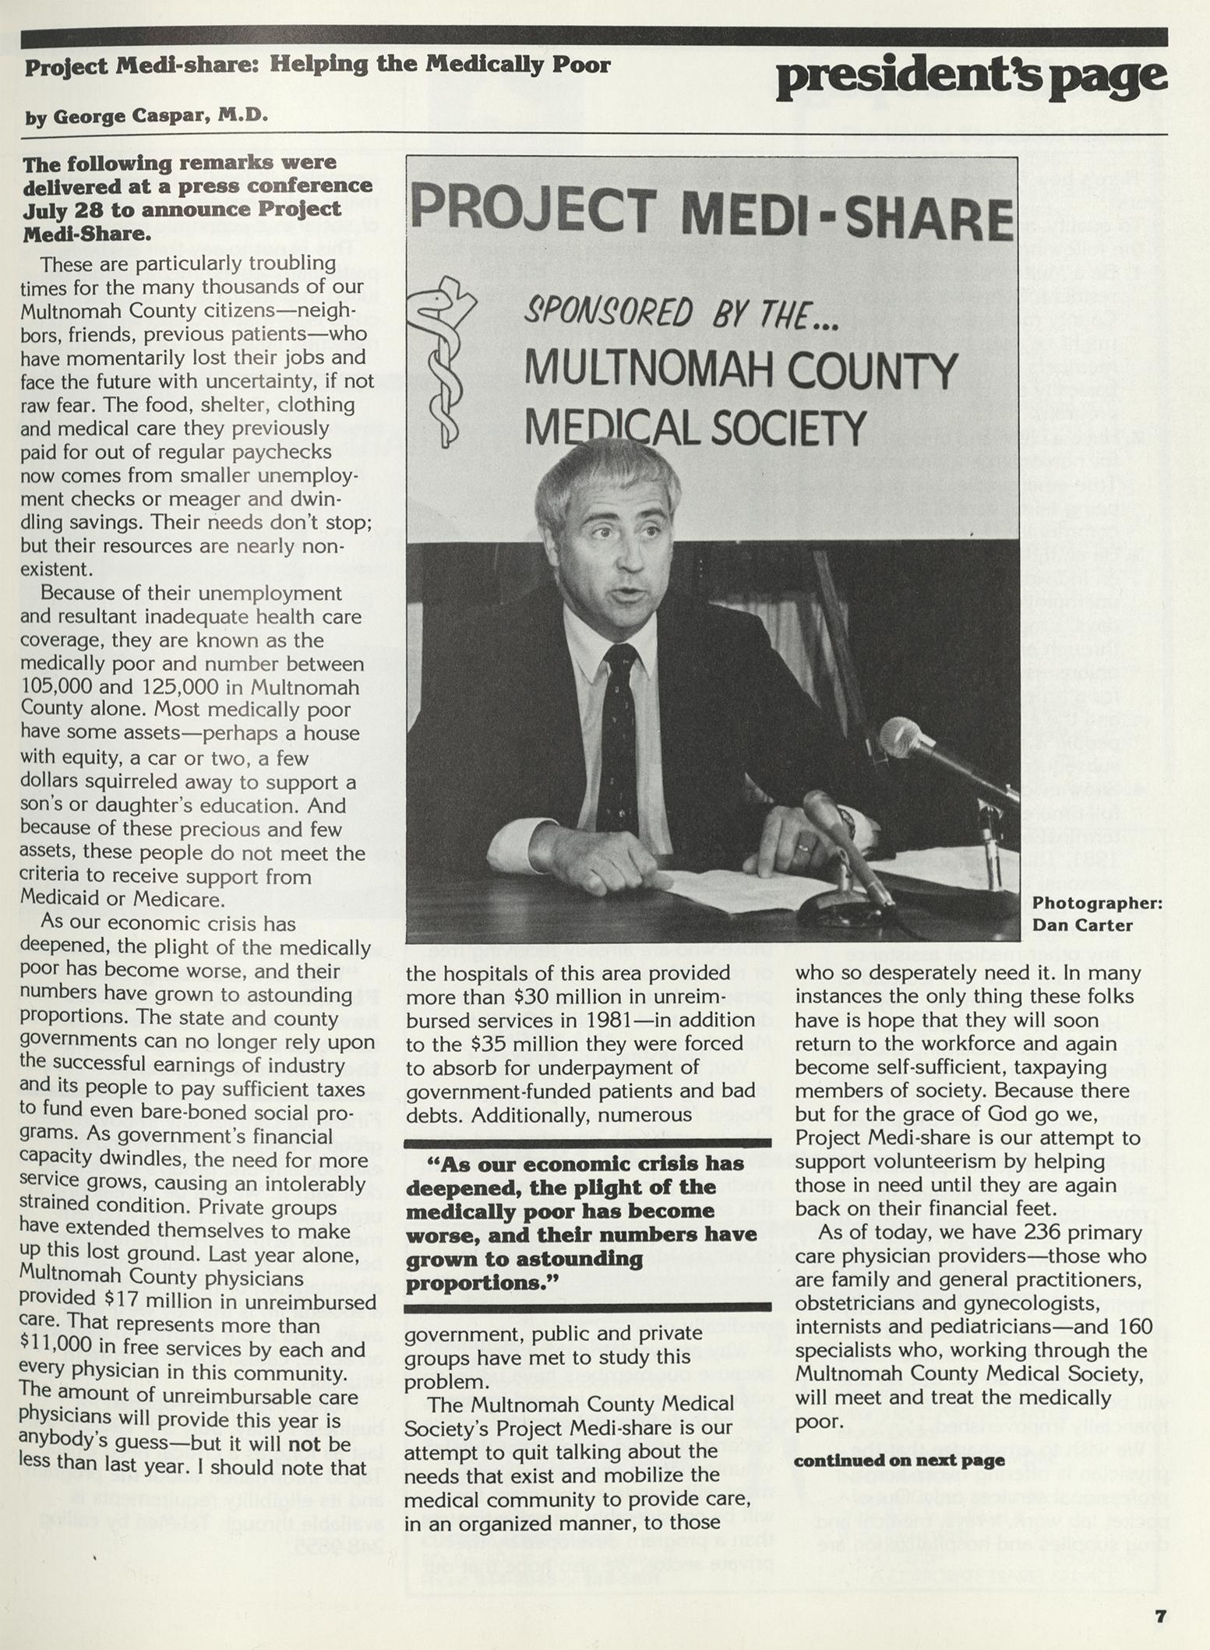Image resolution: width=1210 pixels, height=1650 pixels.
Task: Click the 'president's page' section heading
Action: click(x=971, y=79)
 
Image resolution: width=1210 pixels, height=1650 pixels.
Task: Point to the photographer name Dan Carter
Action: click(x=1083, y=925)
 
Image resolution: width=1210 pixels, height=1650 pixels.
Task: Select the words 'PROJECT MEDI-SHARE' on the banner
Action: click(x=711, y=213)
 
